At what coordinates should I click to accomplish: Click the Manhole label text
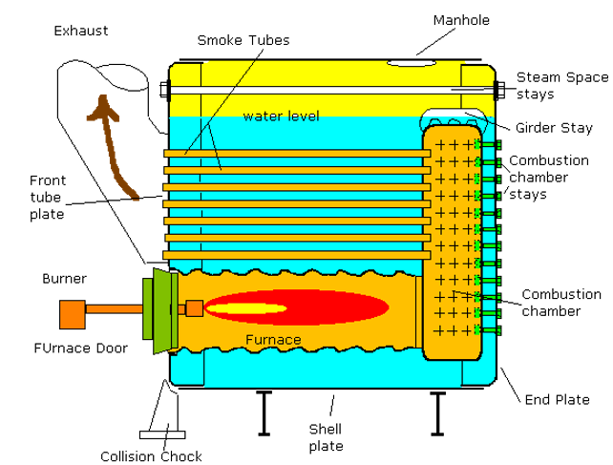[462, 20]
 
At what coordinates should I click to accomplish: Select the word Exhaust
[80, 31]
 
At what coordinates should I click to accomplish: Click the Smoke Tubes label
[243, 41]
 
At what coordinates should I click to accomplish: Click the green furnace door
[157, 307]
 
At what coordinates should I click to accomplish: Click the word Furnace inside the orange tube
[273, 340]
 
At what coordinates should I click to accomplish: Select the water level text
[281, 116]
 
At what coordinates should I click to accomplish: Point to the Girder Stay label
[550, 127]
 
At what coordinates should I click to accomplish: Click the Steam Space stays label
[562, 85]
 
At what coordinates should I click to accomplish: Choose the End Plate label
[558, 400]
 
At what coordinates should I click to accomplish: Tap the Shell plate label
[327, 436]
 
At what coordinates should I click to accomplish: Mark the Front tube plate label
[47, 197]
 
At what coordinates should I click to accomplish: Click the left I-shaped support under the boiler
[263, 412]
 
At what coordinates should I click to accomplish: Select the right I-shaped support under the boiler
[438, 412]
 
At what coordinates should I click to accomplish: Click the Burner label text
[65, 279]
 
